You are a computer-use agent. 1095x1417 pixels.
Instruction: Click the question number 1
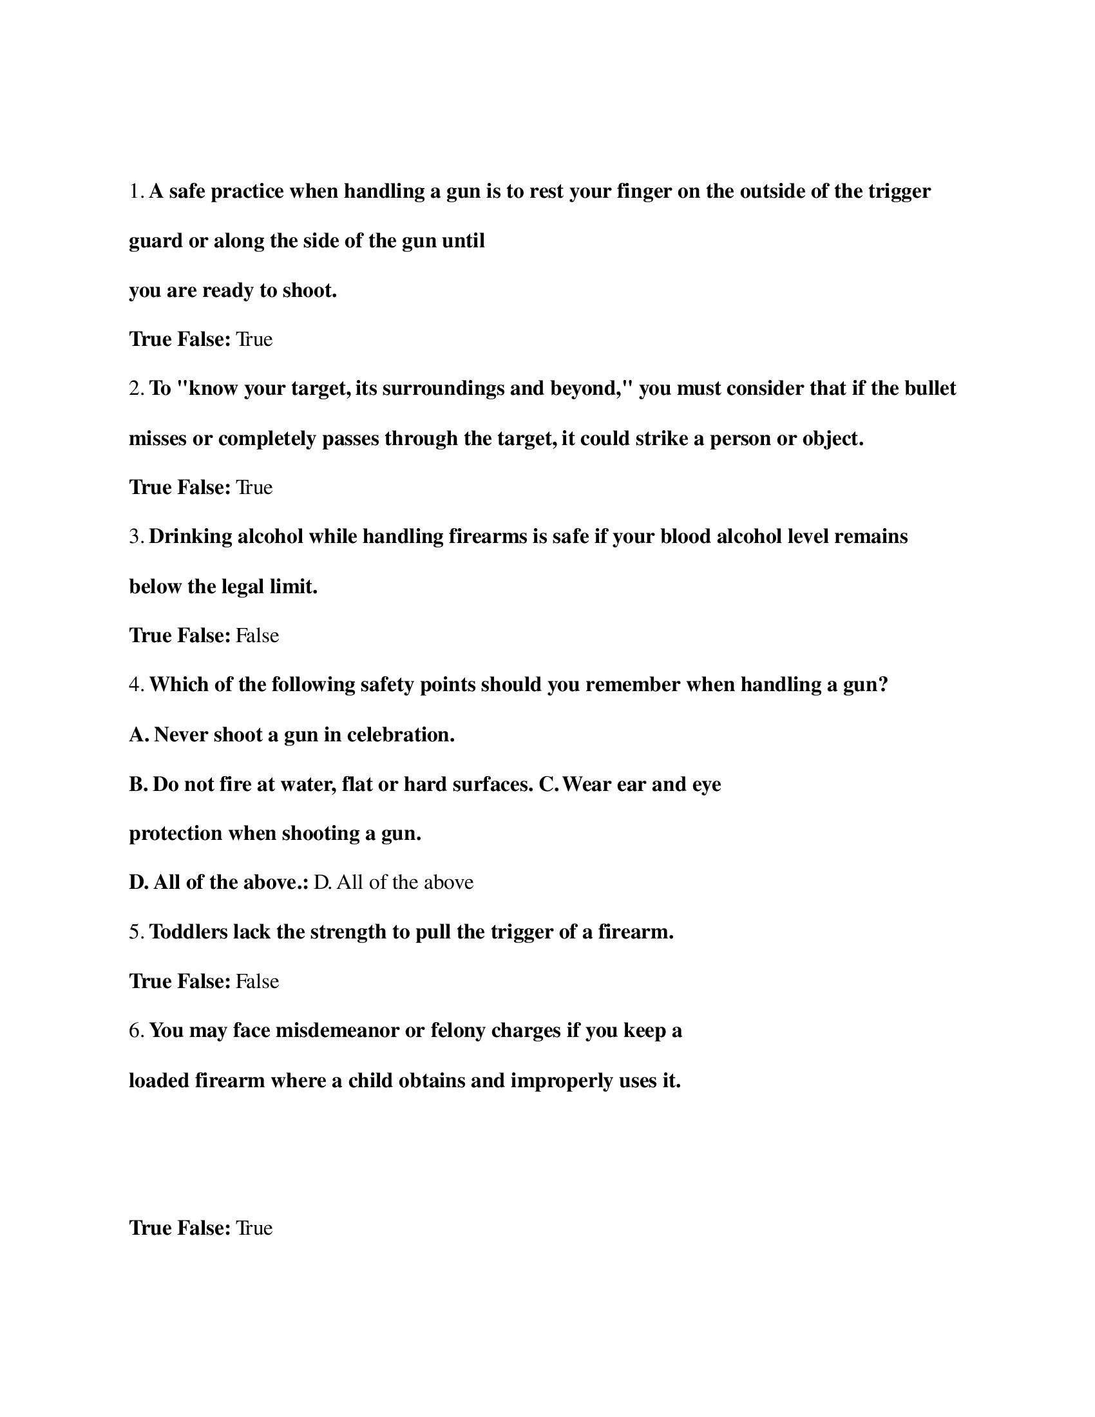pos(135,192)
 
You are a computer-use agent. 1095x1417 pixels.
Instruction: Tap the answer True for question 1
pos(254,339)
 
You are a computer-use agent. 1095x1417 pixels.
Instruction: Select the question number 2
pos(135,388)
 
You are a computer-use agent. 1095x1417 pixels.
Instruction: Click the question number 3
pos(135,537)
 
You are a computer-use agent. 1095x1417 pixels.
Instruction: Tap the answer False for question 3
pos(257,635)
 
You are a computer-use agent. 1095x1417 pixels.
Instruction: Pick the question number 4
pos(135,685)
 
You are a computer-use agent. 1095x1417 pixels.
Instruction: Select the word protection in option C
pos(176,833)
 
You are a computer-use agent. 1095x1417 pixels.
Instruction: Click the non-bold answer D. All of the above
pos(393,882)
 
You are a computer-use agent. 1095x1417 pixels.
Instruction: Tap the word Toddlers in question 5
pos(188,933)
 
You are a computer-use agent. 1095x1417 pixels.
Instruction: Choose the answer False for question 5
pos(257,981)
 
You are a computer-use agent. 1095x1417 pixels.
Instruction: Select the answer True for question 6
pos(254,1228)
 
